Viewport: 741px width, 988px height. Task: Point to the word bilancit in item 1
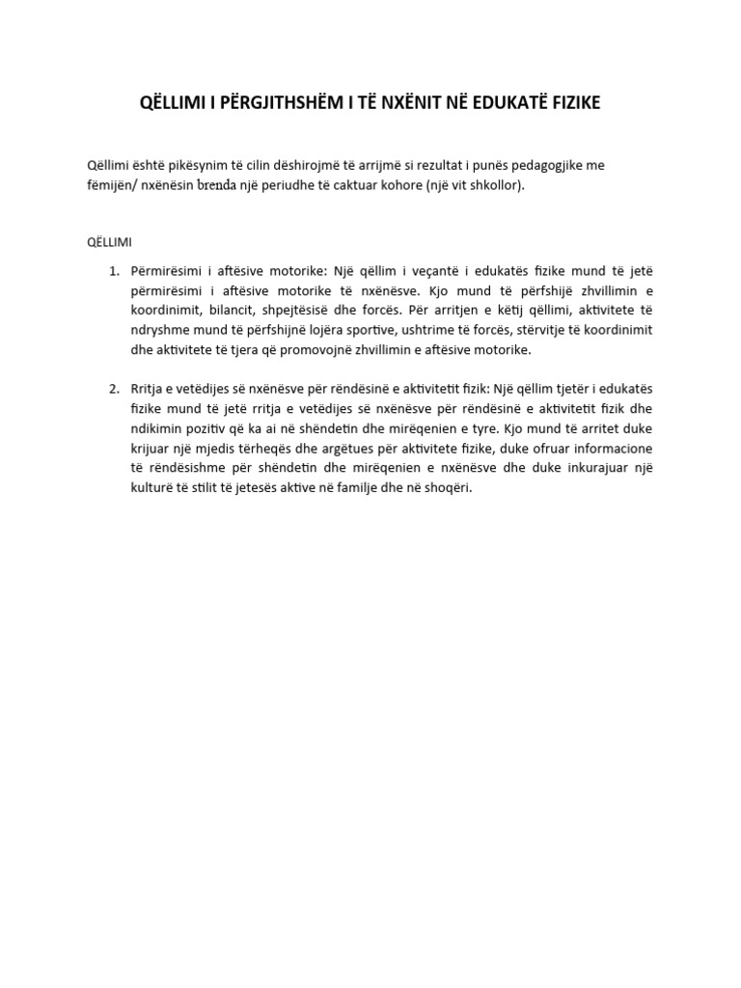(x=233, y=310)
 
